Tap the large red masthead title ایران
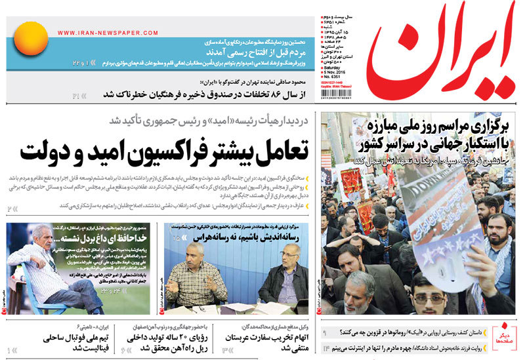click(441, 58)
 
